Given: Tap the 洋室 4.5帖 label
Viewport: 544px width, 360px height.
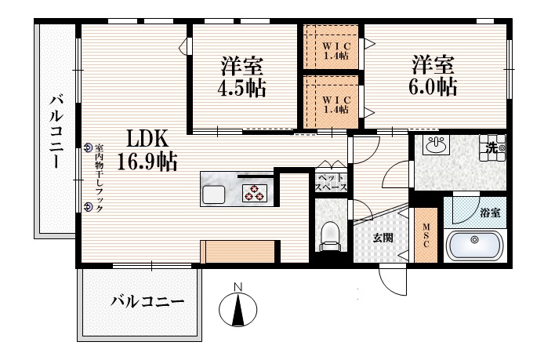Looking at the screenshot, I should [x=242, y=76].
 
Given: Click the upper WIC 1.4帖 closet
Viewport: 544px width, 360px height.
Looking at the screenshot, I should [x=331, y=49].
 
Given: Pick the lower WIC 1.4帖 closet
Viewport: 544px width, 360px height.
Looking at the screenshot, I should [x=331, y=100].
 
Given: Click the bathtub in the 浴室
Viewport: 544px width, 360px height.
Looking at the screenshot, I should [x=474, y=245].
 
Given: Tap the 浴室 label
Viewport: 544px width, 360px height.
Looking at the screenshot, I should [x=491, y=213].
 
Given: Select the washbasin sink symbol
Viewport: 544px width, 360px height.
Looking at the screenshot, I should [x=435, y=145].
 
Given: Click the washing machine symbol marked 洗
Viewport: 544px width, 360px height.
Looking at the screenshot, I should [x=493, y=146].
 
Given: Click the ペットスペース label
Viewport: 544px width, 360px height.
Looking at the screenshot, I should [x=330, y=183].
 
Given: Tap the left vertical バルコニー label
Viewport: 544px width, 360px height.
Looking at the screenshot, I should [x=56, y=129].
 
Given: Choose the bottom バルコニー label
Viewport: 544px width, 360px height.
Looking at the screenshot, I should [x=147, y=300].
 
